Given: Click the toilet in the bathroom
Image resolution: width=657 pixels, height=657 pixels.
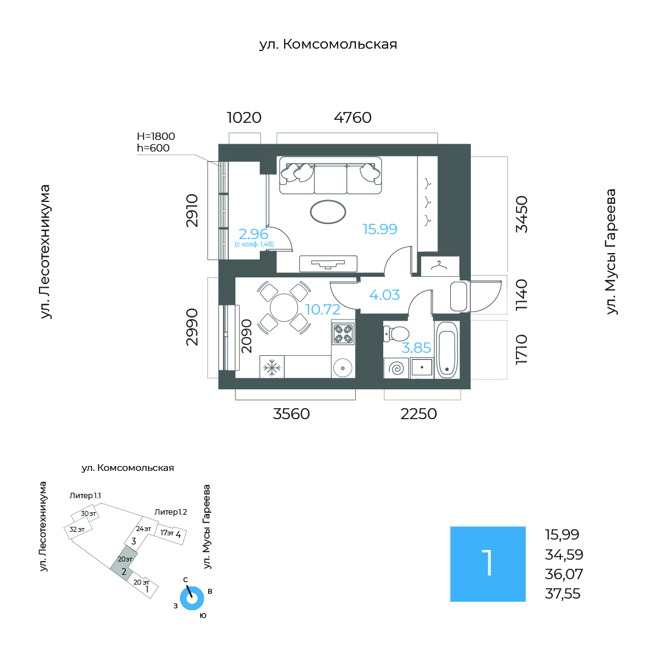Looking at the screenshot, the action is pyautogui.click(x=396, y=334).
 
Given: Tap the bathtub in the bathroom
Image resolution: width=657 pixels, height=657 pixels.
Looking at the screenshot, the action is pyautogui.click(x=447, y=350).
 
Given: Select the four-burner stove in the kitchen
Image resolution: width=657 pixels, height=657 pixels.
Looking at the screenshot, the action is pyautogui.click(x=343, y=333).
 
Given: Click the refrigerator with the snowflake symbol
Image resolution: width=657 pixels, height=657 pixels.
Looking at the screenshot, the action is pyautogui.click(x=272, y=367).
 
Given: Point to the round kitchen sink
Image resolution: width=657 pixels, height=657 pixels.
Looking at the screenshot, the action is pyautogui.click(x=343, y=368).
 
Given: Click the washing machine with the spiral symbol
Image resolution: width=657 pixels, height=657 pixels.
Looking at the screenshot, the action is pyautogui.click(x=397, y=368).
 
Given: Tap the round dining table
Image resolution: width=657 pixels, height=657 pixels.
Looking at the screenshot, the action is pyautogui.click(x=283, y=308).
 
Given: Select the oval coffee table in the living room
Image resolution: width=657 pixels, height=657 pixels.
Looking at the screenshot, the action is pyautogui.click(x=328, y=212).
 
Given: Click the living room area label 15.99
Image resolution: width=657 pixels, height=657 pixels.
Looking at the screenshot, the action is pyautogui.click(x=380, y=229).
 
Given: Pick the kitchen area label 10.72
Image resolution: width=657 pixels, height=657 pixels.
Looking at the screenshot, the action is pyautogui.click(x=322, y=310).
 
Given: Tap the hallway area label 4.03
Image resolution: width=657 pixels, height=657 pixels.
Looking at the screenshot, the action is pyautogui.click(x=384, y=295).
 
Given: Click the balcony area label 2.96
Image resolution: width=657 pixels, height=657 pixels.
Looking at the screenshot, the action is pyautogui.click(x=253, y=234).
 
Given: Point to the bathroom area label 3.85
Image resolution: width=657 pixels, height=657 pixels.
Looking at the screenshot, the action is pyautogui.click(x=416, y=348).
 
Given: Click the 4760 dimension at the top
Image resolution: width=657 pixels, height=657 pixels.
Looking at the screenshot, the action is pyautogui.click(x=352, y=118).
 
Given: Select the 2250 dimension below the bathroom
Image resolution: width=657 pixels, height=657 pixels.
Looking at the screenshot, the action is pyautogui.click(x=419, y=414).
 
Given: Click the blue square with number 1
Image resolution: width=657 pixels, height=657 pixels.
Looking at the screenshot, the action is pyautogui.click(x=488, y=564).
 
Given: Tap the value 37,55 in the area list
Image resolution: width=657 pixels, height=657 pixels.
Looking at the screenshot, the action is pyautogui.click(x=563, y=594).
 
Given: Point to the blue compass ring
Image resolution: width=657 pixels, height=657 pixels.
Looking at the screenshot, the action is pyautogui.click(x=192, y=599).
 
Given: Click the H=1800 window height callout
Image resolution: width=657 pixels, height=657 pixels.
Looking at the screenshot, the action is pyautogui.click(x=156, y=136).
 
